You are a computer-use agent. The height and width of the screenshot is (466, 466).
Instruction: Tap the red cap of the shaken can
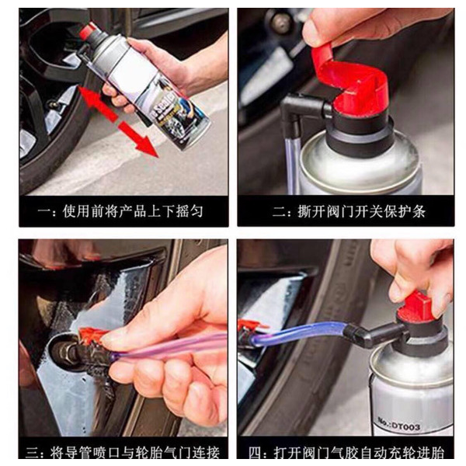click(88, 31)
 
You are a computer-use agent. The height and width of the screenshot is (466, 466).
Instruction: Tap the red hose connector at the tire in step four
click(250, 326)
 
